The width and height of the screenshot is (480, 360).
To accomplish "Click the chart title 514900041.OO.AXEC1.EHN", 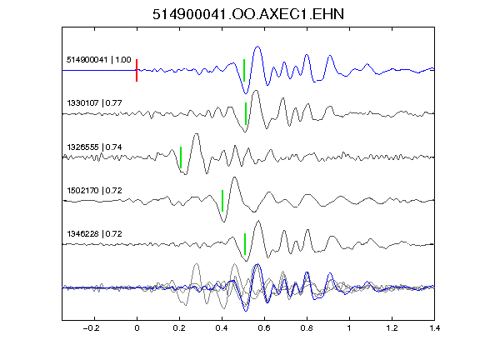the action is (x=248, y=14).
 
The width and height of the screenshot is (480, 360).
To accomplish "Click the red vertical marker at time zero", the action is (x=137, y=70).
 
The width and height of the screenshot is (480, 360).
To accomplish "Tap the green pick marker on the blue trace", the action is (x=244, y=70).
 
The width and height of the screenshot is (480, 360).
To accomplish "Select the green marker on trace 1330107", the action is (x=246, y=113).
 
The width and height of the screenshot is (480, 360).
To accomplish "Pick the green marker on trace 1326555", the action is (x=181, y=157).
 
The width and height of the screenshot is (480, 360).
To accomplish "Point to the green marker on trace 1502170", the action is (x=222, y=201).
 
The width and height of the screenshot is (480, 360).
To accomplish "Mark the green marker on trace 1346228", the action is (x=245, y=244).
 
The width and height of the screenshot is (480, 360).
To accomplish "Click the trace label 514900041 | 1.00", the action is (x=99, y=60).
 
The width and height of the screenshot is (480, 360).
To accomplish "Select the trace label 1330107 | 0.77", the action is (x=94, y=102).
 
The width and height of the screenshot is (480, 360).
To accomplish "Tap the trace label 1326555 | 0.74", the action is (x=94, y=147).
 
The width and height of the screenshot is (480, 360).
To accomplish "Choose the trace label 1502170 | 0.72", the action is (x=94, y=190).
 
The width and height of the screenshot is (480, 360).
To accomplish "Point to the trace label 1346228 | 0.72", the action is (x=94, y=234).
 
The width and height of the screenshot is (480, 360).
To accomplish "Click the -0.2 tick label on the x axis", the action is (x=91, y=328).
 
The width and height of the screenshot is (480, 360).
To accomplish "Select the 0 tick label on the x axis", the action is (x=137, y=328).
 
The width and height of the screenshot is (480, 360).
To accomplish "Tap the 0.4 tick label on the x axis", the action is (x=222, y=328).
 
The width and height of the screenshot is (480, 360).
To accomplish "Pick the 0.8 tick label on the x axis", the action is (x=307, y=328).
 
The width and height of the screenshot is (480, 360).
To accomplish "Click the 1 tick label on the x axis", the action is (x=349, y=328).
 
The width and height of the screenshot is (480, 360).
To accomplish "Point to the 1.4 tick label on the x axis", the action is (x=434, y=328).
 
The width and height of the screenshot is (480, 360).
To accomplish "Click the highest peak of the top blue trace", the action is (x=257, y=47).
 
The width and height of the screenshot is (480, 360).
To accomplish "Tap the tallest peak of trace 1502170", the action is (x=234, y=177).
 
